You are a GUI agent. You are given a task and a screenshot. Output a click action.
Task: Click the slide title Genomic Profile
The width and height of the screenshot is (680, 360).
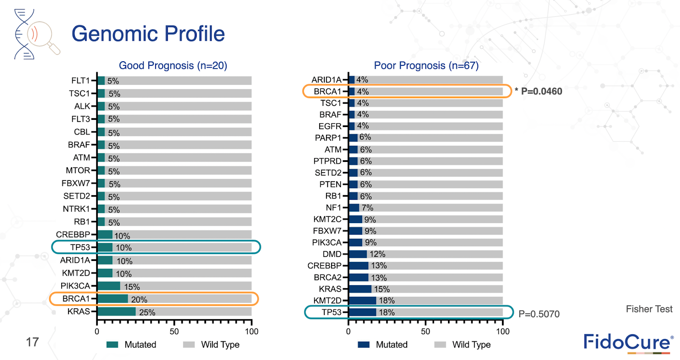pos(148,34)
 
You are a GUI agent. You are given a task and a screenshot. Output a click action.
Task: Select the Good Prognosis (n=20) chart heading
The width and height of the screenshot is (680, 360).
pos(173,65)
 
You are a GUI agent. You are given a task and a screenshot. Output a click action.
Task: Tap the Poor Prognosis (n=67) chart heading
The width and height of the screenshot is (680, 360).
pos(426,65)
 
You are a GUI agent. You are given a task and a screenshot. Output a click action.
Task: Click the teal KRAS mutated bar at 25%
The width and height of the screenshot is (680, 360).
pos(116,312)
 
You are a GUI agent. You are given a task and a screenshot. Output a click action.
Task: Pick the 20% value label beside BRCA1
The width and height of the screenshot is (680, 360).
pos(139,300)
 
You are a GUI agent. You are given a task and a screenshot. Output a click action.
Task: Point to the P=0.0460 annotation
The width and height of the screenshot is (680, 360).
pos(541,91)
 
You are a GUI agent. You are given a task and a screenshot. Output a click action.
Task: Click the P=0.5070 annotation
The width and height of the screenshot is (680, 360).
pos(539,314)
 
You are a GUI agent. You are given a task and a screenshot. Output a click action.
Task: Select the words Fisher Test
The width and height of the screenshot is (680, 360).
pos(649,309)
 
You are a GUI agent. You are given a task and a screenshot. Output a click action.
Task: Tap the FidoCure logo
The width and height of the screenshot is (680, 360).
pos(628,343)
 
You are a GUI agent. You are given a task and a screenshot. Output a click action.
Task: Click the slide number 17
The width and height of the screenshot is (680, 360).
pos(32,342)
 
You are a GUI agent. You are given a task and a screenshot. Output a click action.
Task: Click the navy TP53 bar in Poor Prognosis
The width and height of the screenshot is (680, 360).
pos(363,312)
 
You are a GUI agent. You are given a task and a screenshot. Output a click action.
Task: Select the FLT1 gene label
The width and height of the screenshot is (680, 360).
pos(80,81)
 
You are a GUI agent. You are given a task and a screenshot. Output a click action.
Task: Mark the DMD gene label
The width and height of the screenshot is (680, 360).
pos(332,254)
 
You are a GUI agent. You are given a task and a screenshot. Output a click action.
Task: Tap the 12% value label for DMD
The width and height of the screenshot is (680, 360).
pos(377,254)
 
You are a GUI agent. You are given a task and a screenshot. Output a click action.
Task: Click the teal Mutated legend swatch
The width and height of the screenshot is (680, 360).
pos(112,345)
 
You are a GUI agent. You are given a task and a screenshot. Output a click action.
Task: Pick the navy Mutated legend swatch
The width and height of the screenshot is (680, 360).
pos(364,345)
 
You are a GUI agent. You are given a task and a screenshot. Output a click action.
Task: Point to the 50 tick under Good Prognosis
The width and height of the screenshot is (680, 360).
pos(174,332)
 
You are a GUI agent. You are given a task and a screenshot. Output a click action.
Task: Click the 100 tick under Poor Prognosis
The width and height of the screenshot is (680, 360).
pos(503,332)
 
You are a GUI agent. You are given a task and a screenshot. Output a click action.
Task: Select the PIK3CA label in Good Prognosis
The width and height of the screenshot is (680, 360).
pos(75,286)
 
